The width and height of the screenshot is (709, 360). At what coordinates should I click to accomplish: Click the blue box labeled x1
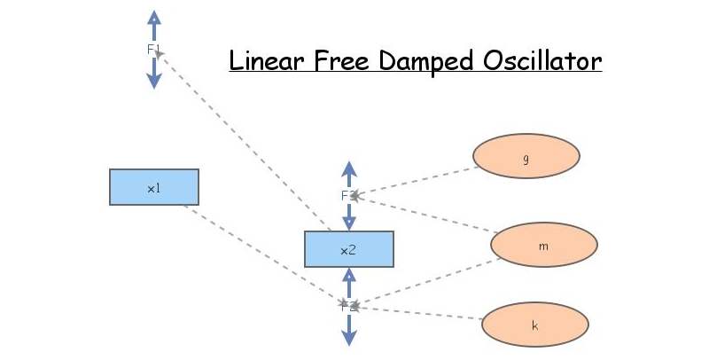[x=153, y=187]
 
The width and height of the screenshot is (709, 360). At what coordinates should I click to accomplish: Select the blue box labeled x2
[x=348, y=249]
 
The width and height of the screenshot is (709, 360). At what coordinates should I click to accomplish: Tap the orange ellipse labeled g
[x=526, y=156]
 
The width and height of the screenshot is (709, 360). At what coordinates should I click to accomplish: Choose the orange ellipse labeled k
[x=534, y=325]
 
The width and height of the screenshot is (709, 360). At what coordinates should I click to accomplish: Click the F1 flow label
[x=154, y=50]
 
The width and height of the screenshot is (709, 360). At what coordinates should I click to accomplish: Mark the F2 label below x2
[x=348, y=306]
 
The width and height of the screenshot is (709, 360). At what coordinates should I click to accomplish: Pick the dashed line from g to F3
[x=417, y=181]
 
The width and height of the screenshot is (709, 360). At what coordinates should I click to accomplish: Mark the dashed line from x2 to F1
[x=244, y=142]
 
